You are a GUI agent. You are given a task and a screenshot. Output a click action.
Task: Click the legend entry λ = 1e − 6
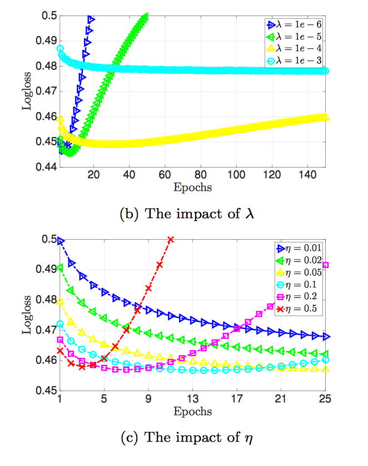(294, 24)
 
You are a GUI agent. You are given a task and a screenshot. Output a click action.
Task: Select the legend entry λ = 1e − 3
(294, 61)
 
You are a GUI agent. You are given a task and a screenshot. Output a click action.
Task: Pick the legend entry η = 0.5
(296, 309)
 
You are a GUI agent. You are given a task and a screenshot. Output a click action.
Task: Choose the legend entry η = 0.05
(299, 272)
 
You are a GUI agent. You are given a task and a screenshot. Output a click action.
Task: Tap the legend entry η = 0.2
(296, 297)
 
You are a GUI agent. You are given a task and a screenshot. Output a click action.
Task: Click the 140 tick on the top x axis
(307, 174)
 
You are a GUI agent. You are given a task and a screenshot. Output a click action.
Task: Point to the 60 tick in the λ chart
(165, 174)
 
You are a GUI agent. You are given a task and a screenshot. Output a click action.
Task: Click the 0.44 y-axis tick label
(46, 167)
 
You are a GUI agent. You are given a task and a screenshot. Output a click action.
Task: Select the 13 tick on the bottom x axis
(193, 398)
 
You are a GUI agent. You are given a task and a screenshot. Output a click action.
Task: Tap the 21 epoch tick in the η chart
(281, 398)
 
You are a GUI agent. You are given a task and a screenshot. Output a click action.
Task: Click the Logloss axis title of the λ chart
(27, 91)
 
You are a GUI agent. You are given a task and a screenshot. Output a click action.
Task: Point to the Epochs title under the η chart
(193, 412)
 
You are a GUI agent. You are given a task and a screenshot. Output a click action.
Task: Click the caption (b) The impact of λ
(187, 214)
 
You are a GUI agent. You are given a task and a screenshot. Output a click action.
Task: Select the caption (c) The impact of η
(187, 437)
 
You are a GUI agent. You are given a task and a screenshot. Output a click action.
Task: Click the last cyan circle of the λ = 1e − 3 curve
(325, 71)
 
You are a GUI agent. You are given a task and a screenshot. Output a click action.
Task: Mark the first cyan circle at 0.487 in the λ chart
(60, 48)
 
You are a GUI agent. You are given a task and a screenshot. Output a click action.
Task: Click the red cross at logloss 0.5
(171, 240)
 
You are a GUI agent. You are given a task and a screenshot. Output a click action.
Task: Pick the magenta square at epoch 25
(325, 265)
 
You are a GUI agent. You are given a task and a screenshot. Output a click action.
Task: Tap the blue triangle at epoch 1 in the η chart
(60, 241)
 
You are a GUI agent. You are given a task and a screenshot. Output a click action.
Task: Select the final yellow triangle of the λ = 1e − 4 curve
(325, 116)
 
